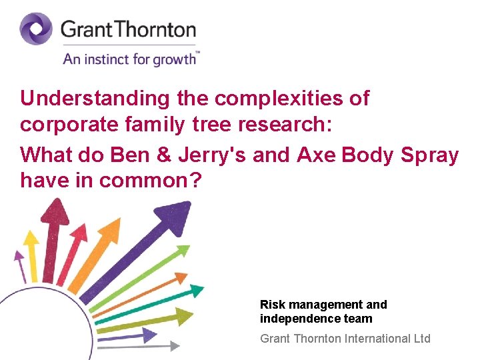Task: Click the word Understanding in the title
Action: click(x=95, y=99)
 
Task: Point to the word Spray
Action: click(x=430, y=155)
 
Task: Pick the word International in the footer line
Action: click(x=376, y=339)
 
